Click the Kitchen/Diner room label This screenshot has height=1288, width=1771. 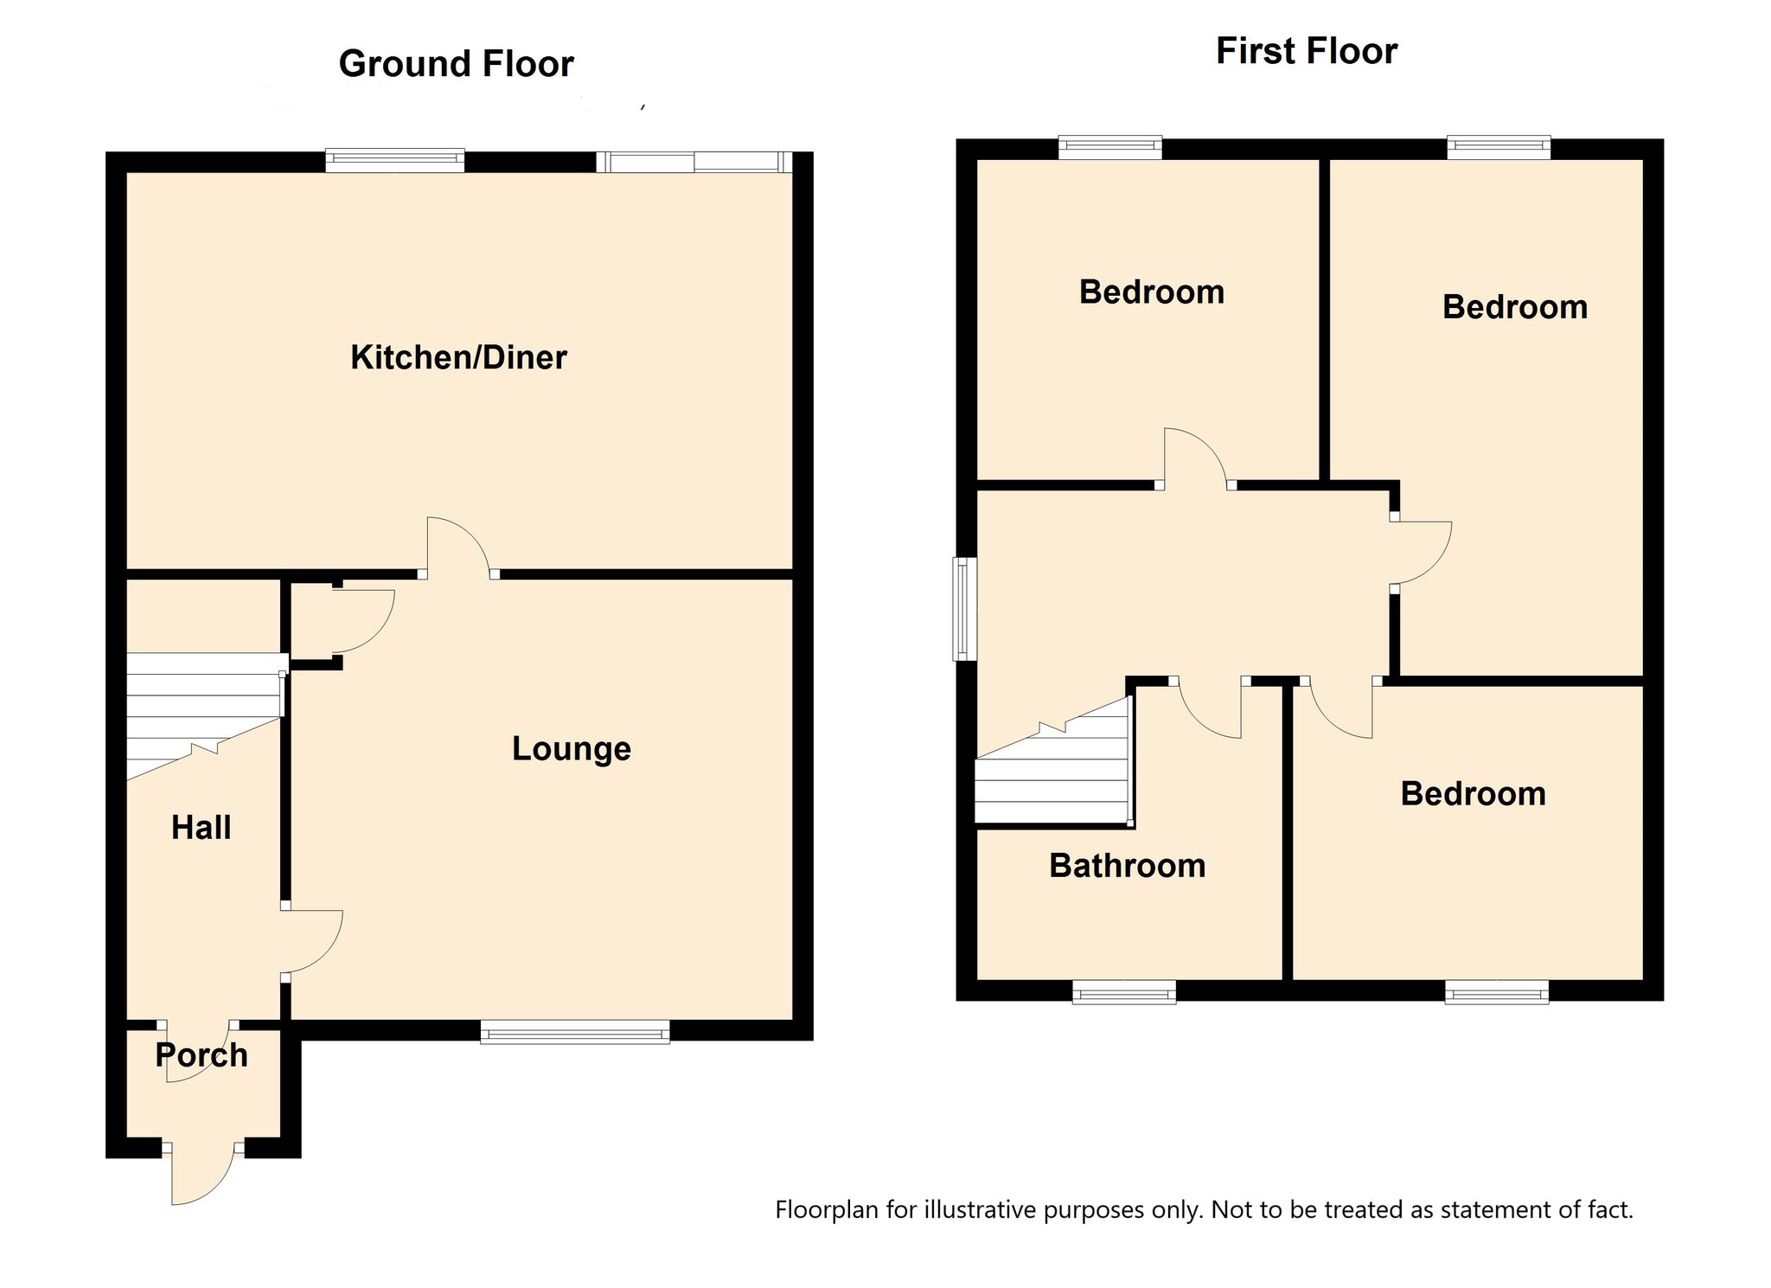pos(458,357)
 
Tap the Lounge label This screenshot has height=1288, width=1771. pos(572,749)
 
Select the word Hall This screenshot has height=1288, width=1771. pos(201,828)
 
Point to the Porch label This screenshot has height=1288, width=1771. pos(201,1055)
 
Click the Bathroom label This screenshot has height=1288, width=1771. pos(1128,866)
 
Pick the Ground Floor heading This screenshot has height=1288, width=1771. pos(457,64)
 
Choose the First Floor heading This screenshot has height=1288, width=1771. pos(1307,51)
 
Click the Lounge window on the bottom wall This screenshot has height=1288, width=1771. pos(575,1031)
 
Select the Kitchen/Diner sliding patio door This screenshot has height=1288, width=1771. pos(694,162)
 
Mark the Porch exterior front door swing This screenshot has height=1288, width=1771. pos(203,1174)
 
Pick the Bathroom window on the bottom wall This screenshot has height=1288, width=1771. pos(1124,991)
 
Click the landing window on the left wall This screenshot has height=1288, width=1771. pos(965,608)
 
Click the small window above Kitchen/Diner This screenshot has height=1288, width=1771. pos(395,161)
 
